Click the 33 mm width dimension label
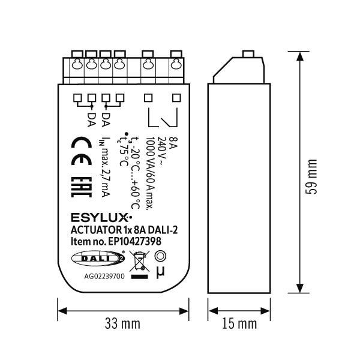[122, 323]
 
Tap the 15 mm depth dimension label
[239, 323]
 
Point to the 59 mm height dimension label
[311, 177]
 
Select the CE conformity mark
[81, 151]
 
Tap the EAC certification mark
[81, 187]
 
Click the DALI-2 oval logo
[98, 259]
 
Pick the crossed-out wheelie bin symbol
[139, 261]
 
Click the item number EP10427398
[135, 242]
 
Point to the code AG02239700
[104, 276]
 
